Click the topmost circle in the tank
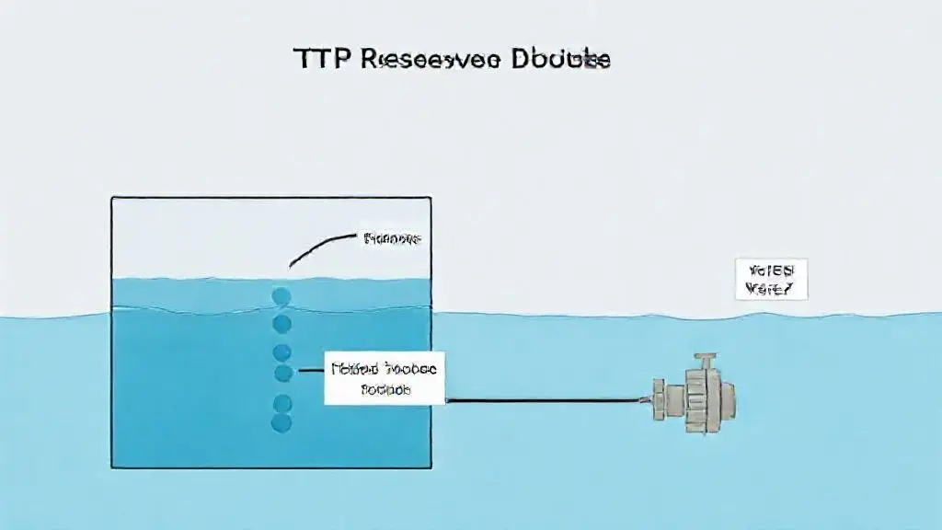(x=281, y=296)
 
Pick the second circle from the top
(x=281, y=323)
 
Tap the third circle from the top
(x=281, y=351)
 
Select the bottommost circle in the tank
(x=281, y=422)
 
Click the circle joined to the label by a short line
(x=283, y=373)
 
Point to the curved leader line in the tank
(x=318, y=247)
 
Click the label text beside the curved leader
(x=392, y=238)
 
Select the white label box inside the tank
(x=385, y=377)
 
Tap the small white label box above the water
(x=771, y=279)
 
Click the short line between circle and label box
(x=308, y=373)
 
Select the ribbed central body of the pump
(x=704, y=396)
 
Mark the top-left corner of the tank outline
(x=111, y=197)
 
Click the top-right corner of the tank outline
(x=431, y=197)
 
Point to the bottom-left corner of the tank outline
(x=111, y=467)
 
